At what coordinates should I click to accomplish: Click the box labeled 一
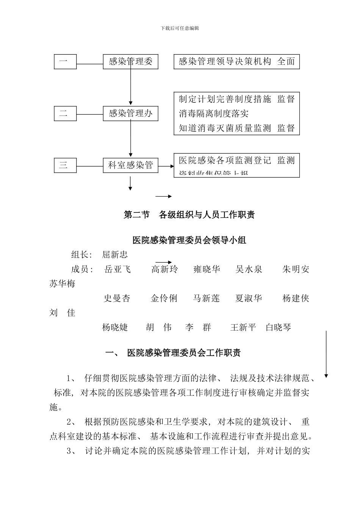(65, 62)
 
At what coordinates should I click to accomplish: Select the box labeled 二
(65, 113)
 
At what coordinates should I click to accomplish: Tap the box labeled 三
(65, 166)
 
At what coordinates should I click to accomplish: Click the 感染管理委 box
(131, 62)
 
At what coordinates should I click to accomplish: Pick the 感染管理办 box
(131, 113)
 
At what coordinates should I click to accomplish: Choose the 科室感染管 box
(131, 166)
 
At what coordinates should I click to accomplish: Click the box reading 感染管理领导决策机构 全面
(236, 62)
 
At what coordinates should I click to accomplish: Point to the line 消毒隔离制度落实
(214, 114)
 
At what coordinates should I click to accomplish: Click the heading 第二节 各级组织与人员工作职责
(189, 215)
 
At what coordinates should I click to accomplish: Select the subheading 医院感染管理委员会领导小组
(189, 240)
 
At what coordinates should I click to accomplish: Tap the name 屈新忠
(115, 254)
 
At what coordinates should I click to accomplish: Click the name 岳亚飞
(117, 269)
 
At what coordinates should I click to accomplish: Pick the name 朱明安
(296, 269)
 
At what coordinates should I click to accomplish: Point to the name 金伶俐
(164, 298)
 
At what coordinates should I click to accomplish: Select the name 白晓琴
(278, 328)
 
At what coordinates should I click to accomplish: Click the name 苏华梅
(62, 284)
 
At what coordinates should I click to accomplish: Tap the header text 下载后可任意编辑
(180, 28)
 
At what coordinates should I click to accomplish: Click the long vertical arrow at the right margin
(326, 354)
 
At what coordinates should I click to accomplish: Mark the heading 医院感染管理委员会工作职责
(184, 353)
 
